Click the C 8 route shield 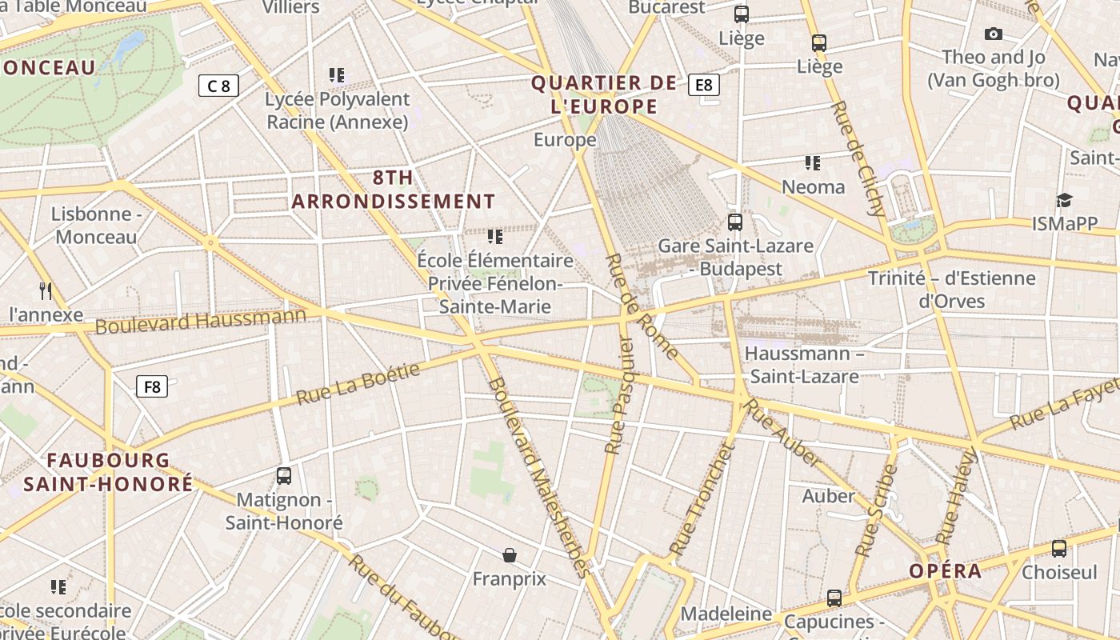(218, 86)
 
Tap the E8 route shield (703, 85)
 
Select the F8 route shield (151, 387)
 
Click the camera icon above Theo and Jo (994, 34)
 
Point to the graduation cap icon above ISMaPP (1064, 200)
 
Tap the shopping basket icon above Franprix (509, 554)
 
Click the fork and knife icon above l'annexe (46, 291)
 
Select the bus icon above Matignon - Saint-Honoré (283, 476)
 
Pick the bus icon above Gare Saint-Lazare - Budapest (734, 222)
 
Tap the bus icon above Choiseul (1059, 549)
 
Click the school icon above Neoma (813, 163)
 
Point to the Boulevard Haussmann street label (200, 322)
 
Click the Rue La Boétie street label (358, 384)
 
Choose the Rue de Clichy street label (859, 159)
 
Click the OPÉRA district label (945, 571)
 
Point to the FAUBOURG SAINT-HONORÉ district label (108, 472)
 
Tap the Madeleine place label (726, 614)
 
